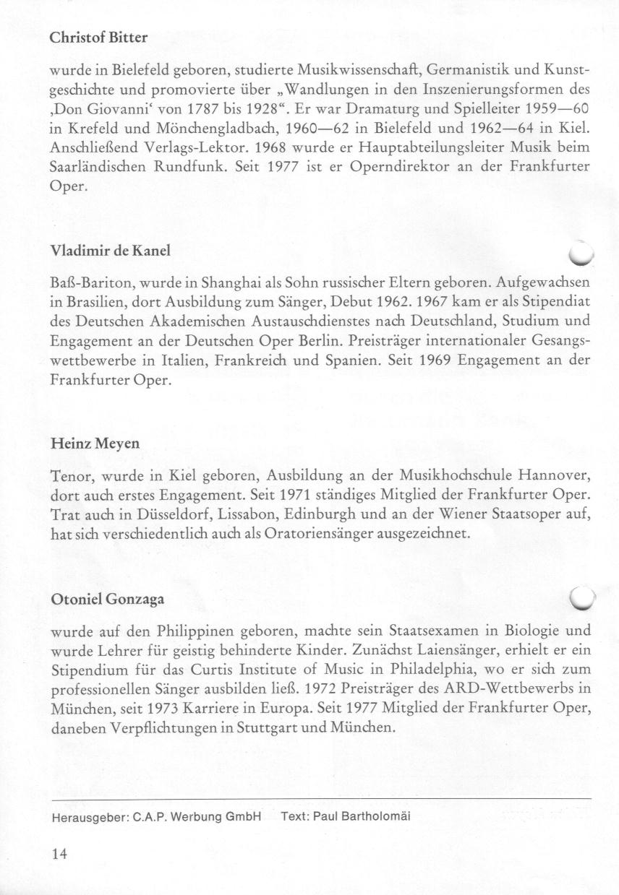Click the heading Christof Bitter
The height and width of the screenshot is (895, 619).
coord(99,38)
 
